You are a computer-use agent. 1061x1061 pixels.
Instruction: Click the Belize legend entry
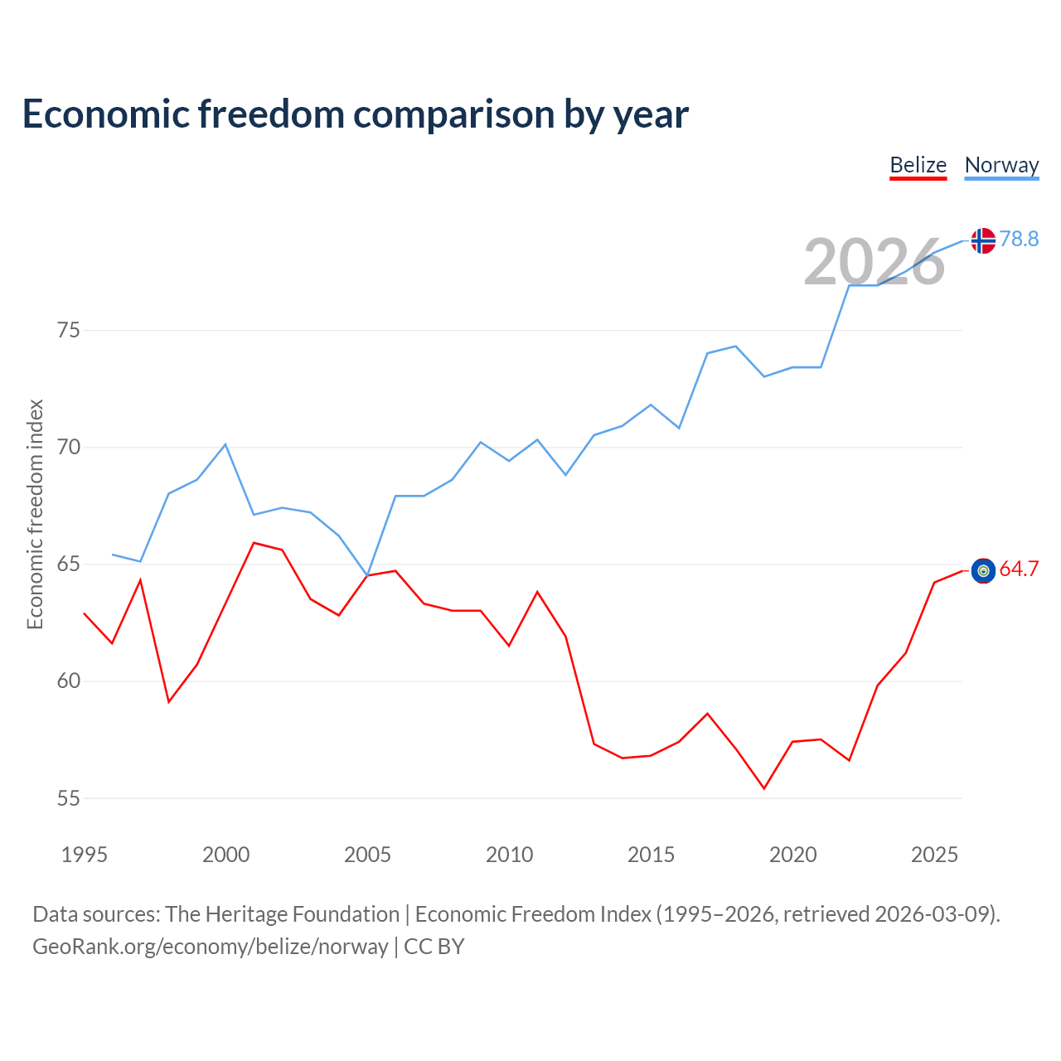[918, 165]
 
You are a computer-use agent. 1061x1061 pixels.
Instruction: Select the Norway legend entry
[1001, 165]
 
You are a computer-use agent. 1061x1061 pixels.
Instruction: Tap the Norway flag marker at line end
[983, 240]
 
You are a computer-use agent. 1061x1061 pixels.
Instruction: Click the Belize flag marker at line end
[983, 570]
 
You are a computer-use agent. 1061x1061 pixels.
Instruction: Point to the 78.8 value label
[1019, 239]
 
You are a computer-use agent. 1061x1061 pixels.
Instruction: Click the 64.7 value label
[1019, 569]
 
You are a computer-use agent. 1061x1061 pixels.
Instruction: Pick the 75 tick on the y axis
[69, 331]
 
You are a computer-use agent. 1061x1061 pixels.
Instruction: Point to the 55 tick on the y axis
[69, 798]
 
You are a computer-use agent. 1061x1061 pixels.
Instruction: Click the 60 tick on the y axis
[69, 681]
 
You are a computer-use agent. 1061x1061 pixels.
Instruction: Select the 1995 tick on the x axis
[85, 855]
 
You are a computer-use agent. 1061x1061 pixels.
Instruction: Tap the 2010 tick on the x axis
[509, 855]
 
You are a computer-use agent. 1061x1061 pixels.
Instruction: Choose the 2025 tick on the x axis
[934, 855]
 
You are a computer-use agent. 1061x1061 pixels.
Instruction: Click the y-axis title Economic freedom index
[35, 514]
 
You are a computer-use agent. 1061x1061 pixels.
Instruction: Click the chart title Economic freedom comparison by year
[356, 114]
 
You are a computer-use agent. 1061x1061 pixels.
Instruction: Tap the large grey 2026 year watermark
[874, 262]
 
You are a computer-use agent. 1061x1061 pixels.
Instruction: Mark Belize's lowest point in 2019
[764, 788]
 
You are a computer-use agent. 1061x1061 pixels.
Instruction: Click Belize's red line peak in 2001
[254, 543]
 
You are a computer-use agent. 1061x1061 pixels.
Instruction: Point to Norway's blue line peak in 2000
[225, 444]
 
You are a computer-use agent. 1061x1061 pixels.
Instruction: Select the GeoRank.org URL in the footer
[210, 946]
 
